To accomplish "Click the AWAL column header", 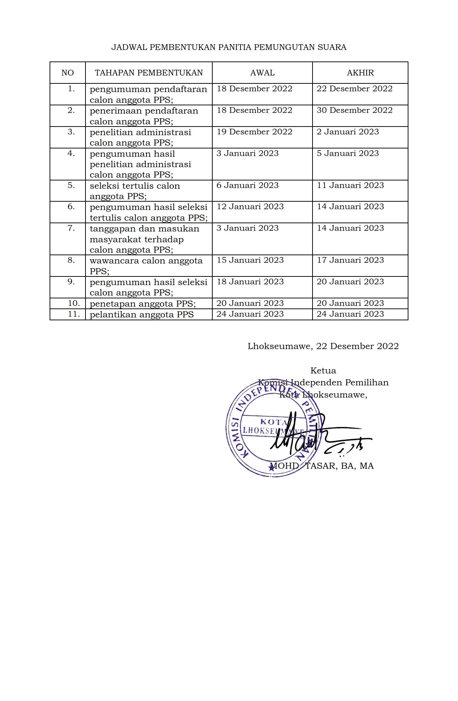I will [x=262, y=73].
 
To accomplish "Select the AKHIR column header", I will [x=360, y=73].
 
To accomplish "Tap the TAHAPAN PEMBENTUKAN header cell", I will [x=149, y=73].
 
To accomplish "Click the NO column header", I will [x=68, y=73].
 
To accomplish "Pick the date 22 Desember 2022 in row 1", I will [x=354, y=89].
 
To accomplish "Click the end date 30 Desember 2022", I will [x=354, y=110].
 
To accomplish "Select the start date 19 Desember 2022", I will [x=254, y=132].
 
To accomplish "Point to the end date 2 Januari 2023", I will [x=347, y=132].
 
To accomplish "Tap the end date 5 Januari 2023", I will [x=347, y=154].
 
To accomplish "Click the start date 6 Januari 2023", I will [x=247, y=185].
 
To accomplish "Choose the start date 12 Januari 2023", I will [x=250, y=207].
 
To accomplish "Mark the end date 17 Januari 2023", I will [x=350, y=260].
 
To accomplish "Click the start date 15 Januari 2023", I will [x=250, y=260].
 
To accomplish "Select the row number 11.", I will [x=74, y=314].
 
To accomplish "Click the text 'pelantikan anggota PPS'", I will [x=142, y=315].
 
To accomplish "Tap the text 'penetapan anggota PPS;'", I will [x=143, y=304].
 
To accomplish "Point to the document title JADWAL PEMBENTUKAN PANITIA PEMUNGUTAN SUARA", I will [x=229, y=47].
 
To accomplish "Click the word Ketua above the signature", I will [x=323, y=371].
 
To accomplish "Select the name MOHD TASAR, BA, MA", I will [x=322, y=466].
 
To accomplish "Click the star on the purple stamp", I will [x=272, y=468].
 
